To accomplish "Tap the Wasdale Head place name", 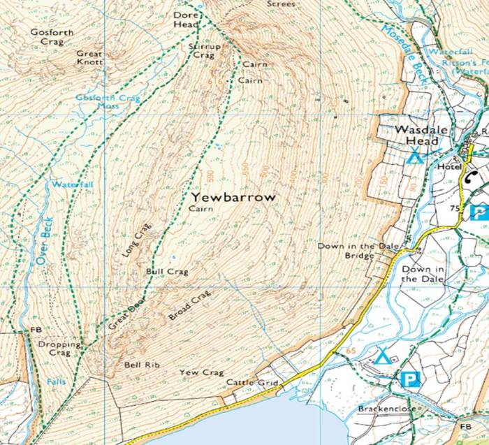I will pyautogui.click(x=418, y=136).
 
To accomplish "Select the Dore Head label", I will pyautogui.click(x=186, y=19).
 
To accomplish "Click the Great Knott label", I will pyautogui.click(x=89, y=58).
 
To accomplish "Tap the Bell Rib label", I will pyautogui.click(x=138, y=365).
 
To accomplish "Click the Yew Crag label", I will pyautogui.click(x=201, y=372).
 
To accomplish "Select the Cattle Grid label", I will pyautogui.click(x=252, y=384).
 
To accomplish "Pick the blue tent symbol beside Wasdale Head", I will pyautogui.click(x=416, y=156).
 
